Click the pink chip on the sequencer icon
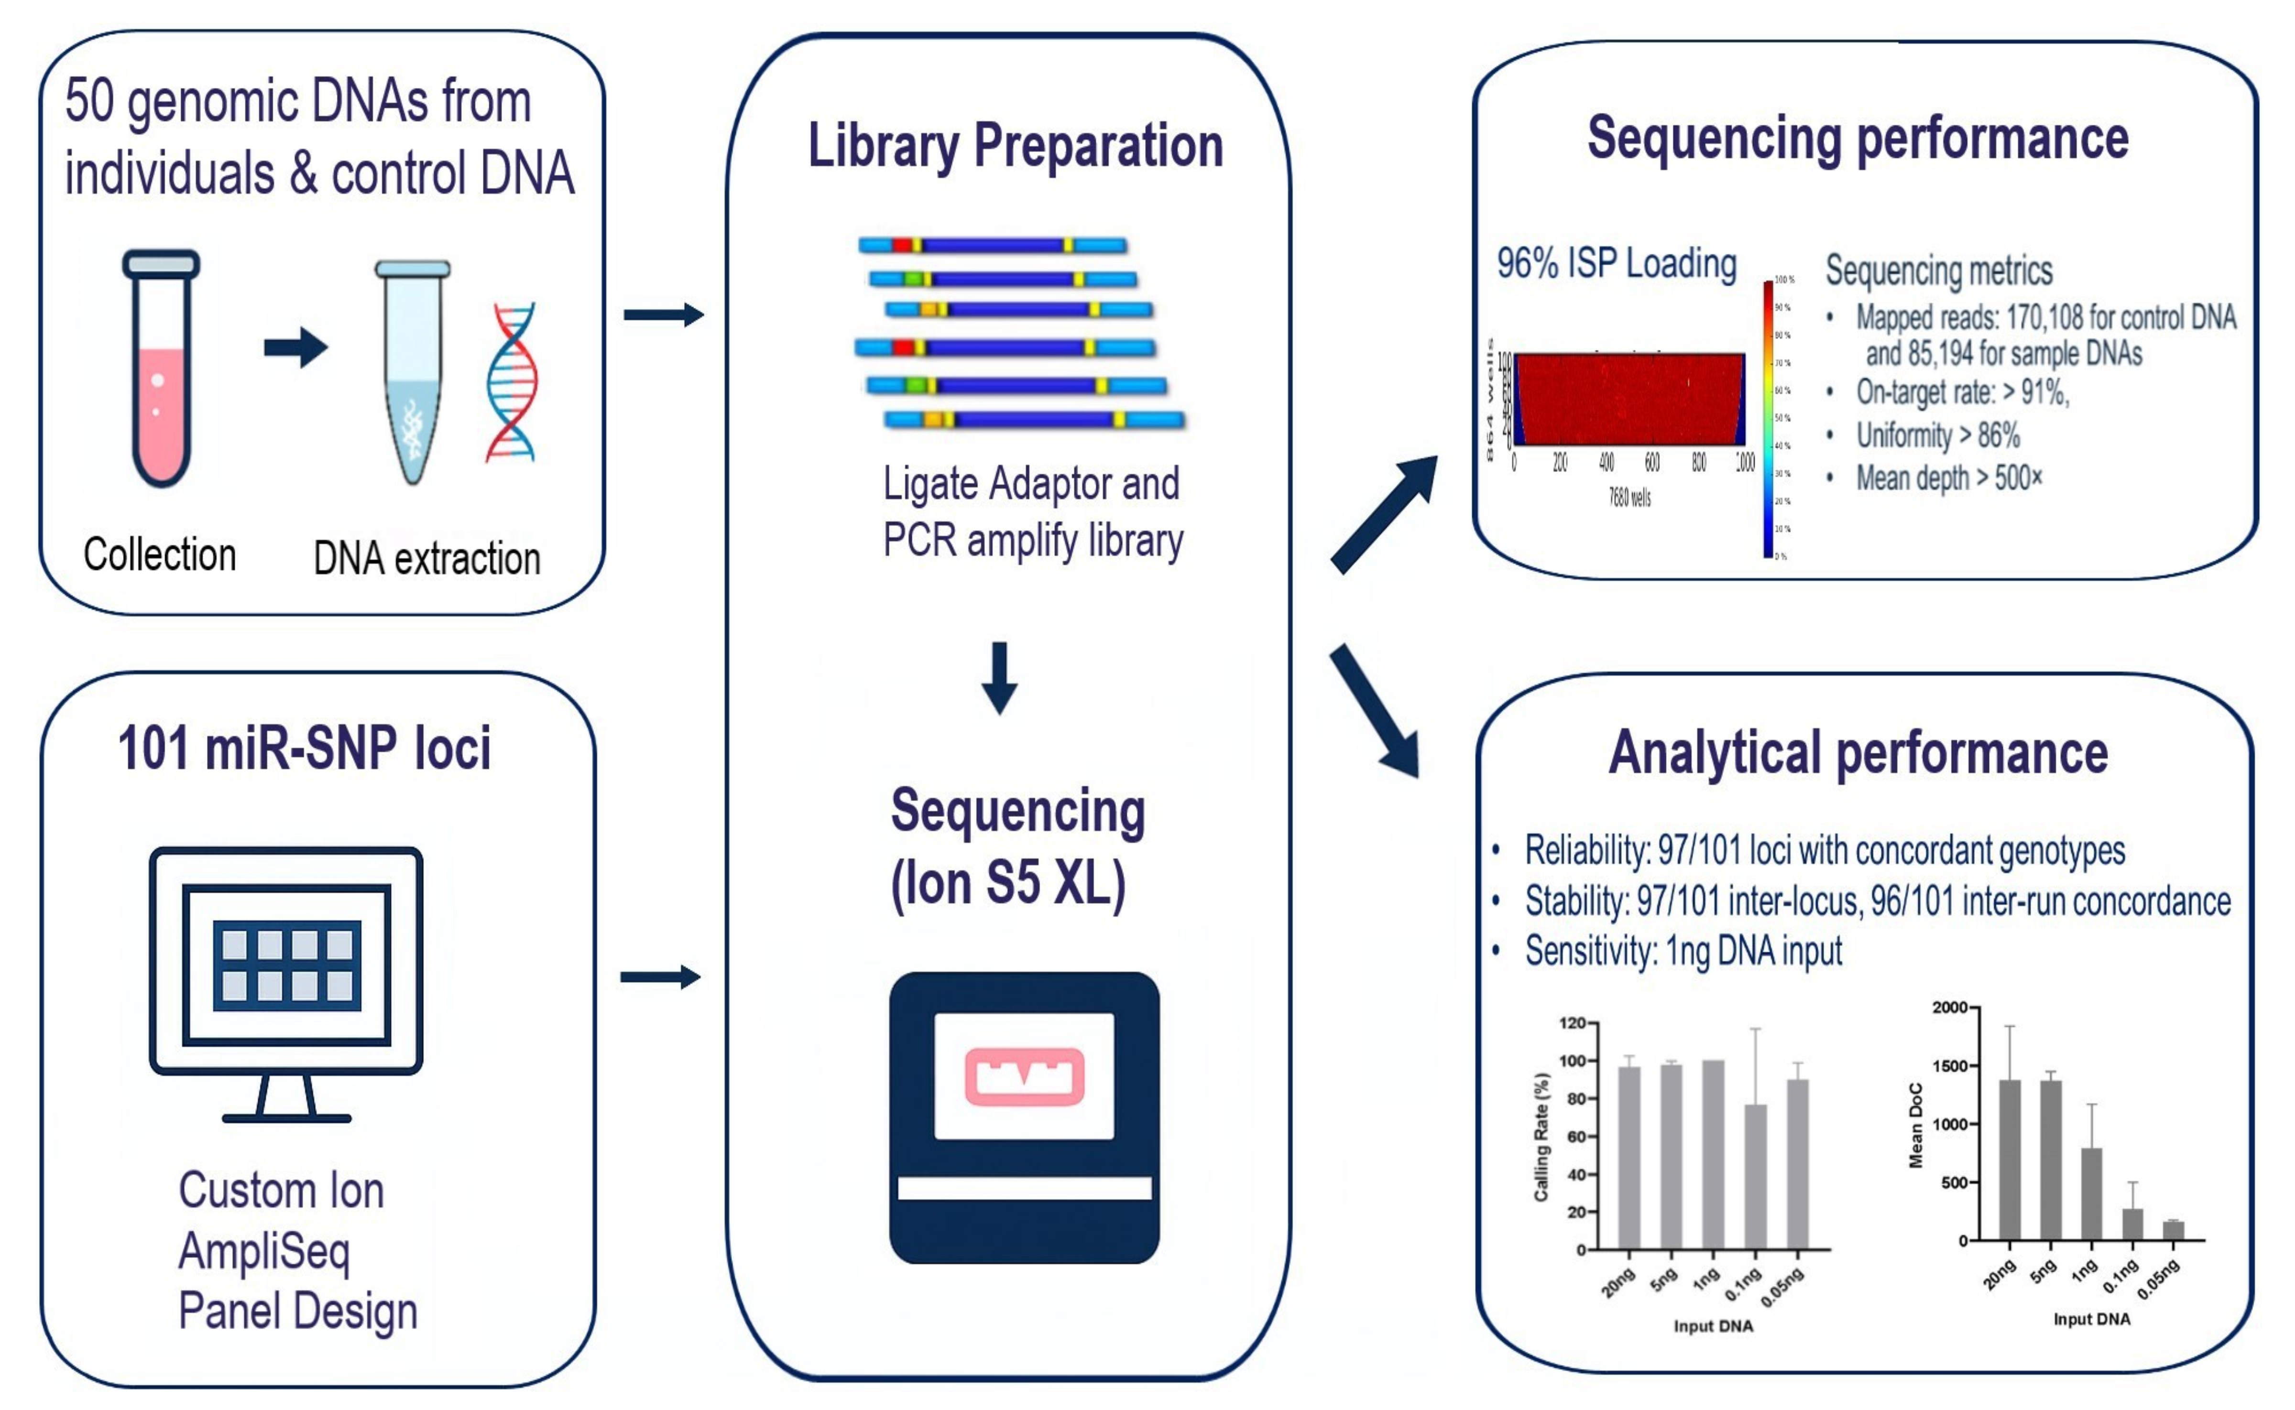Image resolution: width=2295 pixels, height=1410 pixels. pos(1024,1076)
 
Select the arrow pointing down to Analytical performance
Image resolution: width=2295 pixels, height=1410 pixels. pos(1377,711)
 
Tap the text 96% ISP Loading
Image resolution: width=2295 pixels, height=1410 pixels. pos(1616,264)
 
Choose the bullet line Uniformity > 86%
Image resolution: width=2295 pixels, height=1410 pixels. pos(1938,435)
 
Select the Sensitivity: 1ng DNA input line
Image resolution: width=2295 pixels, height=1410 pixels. pos(1683,951)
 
